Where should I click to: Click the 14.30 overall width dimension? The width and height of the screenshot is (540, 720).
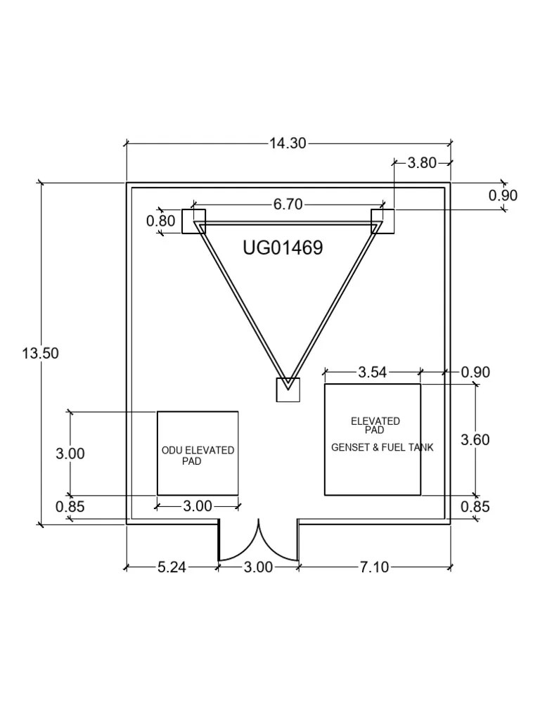click(x=288, y=143)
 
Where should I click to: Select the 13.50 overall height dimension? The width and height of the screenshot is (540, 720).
click(x=40, y=353)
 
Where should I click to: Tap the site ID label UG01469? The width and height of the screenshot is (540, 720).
click(x=283, y=247)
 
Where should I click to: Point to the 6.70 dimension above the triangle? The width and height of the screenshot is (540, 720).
click(x=288, y=205)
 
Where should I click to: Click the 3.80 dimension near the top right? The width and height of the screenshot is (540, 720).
click(x=422, y=163)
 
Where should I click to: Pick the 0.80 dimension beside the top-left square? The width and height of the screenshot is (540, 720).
click(x=160, y=221)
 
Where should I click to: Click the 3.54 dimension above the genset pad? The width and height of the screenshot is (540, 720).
click(x=372, y=372)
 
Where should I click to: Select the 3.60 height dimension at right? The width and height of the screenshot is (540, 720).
click(x=475, y=440)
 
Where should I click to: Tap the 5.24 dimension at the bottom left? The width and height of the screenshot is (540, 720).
click(x=171, y=567)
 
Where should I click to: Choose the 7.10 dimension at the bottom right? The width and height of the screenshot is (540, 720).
click(x=374, y=567)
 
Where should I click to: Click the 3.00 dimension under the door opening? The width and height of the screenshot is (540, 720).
click(x=258, y=567)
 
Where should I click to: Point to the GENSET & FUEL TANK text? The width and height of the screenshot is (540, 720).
click(x=382, y=447)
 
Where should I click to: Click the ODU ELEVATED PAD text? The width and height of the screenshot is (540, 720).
click(x=198, y=456)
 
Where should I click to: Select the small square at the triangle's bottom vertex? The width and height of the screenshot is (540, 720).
click(x=288, y=390)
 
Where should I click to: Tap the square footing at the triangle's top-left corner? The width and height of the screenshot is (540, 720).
click(x=193, y=221)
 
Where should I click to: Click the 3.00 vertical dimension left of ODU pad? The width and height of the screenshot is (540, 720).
click(x=70, y=454)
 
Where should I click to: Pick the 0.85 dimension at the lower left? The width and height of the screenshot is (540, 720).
click(x=70, y=506)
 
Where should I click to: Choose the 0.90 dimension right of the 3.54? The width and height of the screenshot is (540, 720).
click(x=475, y=372)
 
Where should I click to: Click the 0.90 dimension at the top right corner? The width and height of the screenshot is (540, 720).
click(x=503, y=195)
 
